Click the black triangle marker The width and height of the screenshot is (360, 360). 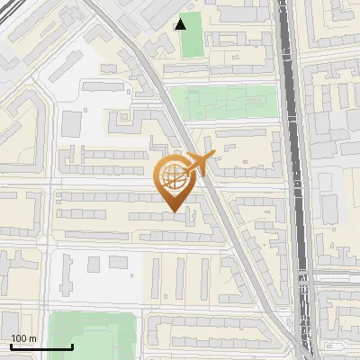point(181,23)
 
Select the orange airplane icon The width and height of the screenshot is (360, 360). point(197,165)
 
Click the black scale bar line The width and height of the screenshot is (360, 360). point(40,347)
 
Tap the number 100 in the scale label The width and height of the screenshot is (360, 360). point(19,338)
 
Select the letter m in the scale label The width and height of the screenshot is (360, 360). point(32,338)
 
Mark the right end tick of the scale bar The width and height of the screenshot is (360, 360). point(72,346)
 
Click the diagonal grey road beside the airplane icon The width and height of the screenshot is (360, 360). point(220,207)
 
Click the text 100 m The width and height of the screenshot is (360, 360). point(23,338)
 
